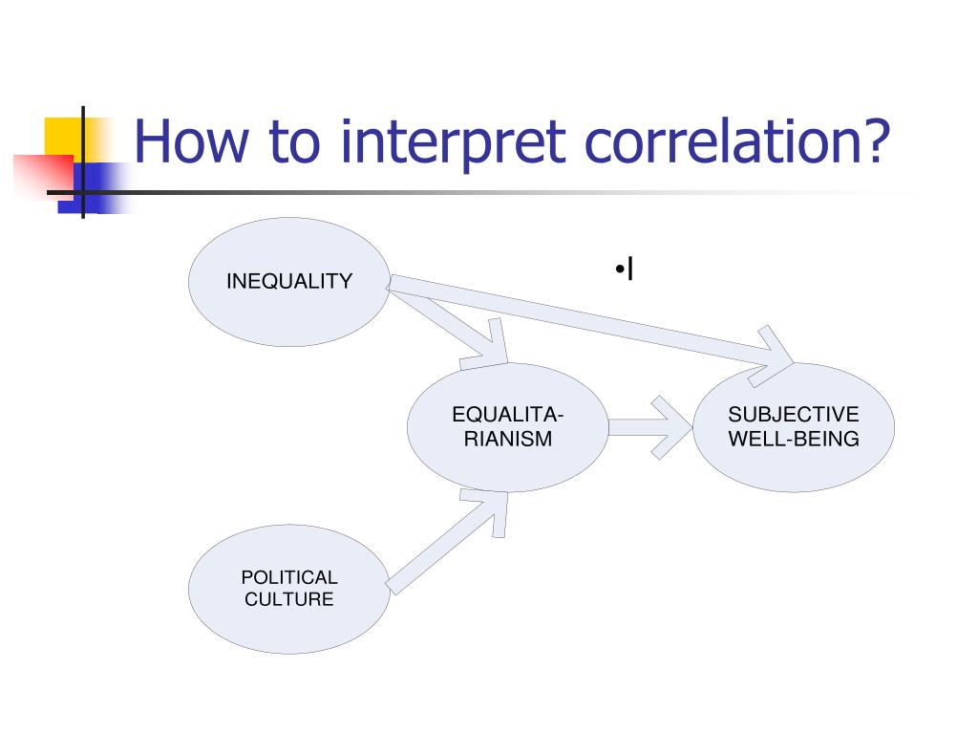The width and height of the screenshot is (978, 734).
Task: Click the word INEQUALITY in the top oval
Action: tap(288, 281)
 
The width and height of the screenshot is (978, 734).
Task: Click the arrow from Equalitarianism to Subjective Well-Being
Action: tap(649, 427)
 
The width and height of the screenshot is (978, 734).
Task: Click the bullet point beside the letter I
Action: tap(620, 270)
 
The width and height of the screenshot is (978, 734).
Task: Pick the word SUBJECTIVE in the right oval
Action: tap(794, 415)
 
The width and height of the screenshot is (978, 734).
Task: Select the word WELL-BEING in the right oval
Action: tap(794, 440)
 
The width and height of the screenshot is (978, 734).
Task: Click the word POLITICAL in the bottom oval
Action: tap(288, 577)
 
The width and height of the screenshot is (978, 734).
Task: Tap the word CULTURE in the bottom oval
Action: tap(288, 600)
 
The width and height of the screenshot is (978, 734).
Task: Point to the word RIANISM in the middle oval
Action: tap(507, 440)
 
